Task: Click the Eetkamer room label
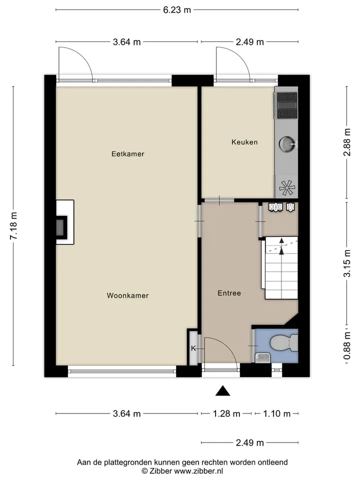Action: click(x=127, y=154)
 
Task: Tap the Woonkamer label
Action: click(x=127, y=295)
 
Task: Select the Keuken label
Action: click(x=244, y=142)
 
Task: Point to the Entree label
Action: click(x=229, y=293)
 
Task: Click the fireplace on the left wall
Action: click(x=65, y=222)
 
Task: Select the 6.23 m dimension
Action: click(x=177, y=10)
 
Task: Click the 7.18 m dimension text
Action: click(x=13, y=225)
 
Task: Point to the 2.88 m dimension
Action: click(x=346, y=142)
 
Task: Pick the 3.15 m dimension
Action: click(x=346, y=263)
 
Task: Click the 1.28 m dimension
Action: click(x=226, y=414)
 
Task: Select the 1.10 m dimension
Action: click(x=276, y=414)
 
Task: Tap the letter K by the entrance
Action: click(x=193, y=348)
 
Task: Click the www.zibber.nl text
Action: click(x=198, y=471)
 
